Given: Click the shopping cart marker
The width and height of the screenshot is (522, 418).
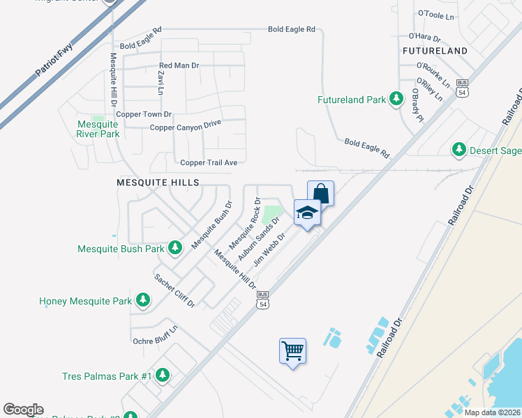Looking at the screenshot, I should [x=292, y=350].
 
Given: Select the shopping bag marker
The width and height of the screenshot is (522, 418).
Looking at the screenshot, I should [x=320, y=193].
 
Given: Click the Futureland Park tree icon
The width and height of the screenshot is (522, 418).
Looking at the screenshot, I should [x=396, y=99].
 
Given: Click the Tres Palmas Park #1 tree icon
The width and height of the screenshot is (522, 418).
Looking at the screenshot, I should [x=163, y=376].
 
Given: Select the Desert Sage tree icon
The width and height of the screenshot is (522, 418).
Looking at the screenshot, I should [x=458, y=148].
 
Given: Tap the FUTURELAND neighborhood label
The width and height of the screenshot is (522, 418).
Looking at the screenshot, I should [x=435, y=51].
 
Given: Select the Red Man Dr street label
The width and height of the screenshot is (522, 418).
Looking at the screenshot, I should [x=179, y=65].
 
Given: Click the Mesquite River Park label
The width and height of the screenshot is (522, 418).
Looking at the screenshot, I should [x=98, y=129].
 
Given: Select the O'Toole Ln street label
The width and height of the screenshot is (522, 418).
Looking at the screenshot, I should [x=435, y=13].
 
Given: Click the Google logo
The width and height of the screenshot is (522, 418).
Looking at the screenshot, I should [x=23, y=410].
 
